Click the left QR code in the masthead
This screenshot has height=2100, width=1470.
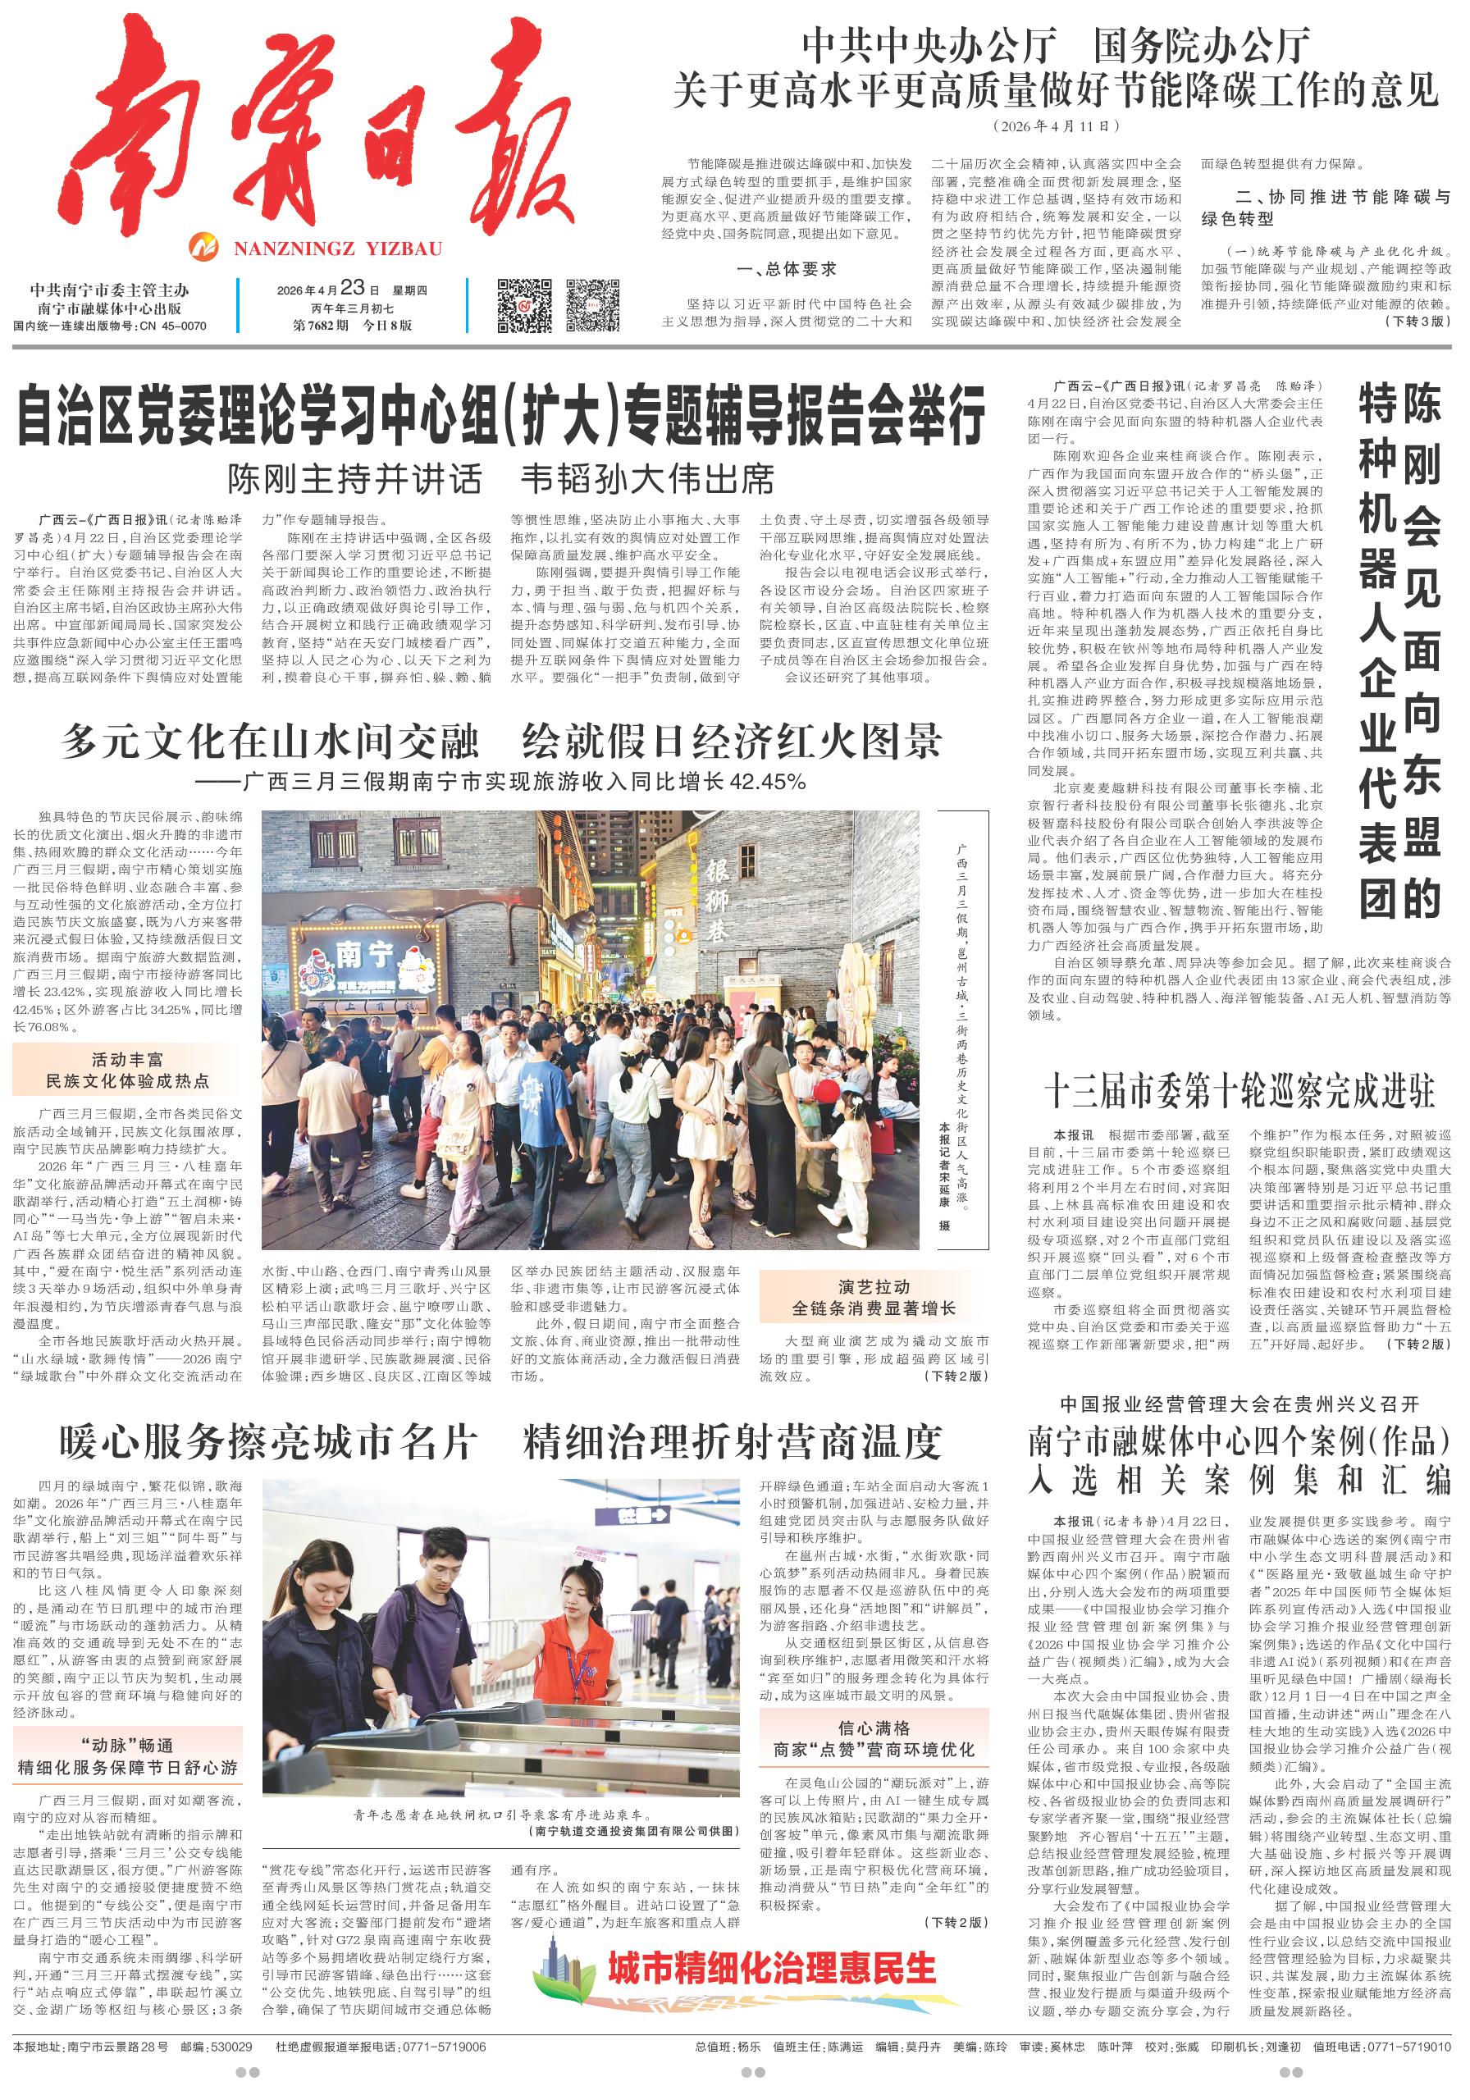(525, 305)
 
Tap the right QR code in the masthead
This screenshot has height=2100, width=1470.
(593, 305)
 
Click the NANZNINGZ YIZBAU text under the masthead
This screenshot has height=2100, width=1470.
(336, 248)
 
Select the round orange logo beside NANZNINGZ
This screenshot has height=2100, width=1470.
(205, 248)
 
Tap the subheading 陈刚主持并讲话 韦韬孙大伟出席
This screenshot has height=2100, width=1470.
(500, 479)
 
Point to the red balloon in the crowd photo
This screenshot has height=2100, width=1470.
(827, 1092)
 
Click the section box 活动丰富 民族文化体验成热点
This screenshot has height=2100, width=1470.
(127, 1071)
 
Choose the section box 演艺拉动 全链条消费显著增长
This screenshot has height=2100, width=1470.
(873, 1297)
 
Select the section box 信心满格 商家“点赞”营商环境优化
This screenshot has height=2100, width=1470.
(873, 1737)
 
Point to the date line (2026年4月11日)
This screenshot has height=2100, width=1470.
(1056, 126)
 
